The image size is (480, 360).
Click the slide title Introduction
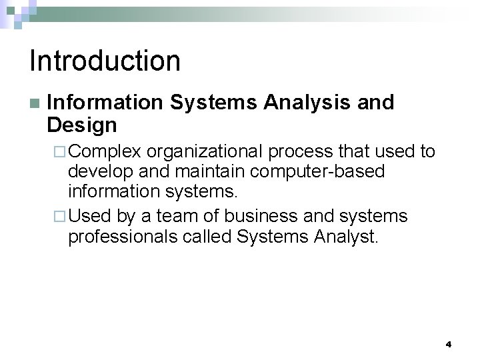(x=105, y=61)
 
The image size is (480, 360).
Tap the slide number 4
(x=448, y=345)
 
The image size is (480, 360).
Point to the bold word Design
(x=82, y=125)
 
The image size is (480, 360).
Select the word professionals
(x=122, y=237)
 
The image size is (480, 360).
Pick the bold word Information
(x=105, y=103)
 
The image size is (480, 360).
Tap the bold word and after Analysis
(x=376, y=103)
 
